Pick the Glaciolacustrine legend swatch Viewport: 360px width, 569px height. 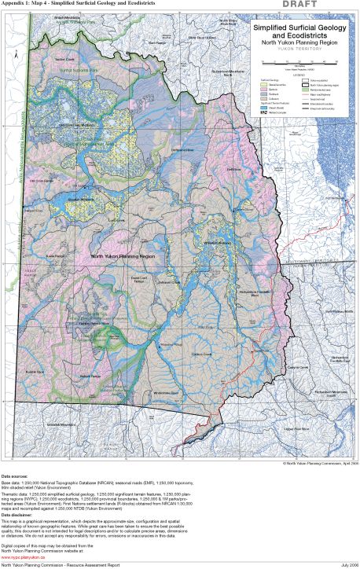tap(264, 86)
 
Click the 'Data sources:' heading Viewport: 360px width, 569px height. tap(17, 477)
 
